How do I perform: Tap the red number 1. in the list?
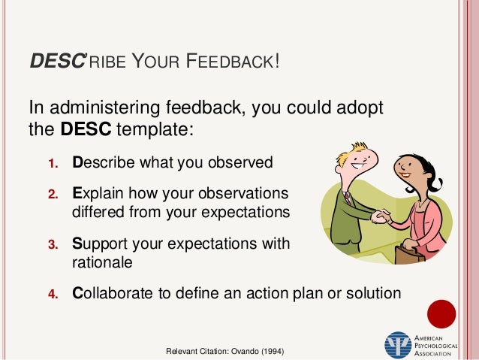(53, 163)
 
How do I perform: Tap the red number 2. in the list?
(53, 193)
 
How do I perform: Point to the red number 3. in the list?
(53, 244)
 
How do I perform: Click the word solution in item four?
(376, 293)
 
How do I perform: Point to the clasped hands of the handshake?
(381, 216)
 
